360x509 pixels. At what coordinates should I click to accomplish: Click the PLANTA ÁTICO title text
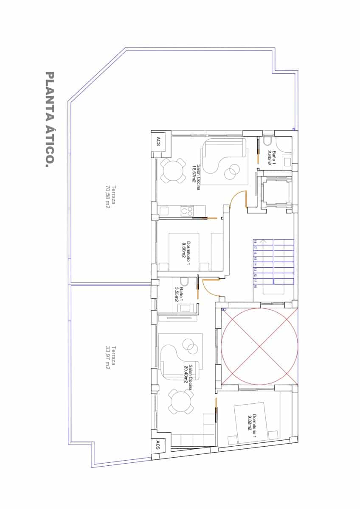(50, 119)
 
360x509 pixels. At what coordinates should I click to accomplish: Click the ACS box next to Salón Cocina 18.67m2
(158, 142)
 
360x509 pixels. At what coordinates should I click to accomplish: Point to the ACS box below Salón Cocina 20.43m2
(158, 445)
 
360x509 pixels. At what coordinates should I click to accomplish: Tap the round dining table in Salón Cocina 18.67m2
(173, 171)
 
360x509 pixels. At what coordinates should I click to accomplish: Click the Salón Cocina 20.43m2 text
(188, 374)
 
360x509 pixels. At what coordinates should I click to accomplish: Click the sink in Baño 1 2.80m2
(287, 162)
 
